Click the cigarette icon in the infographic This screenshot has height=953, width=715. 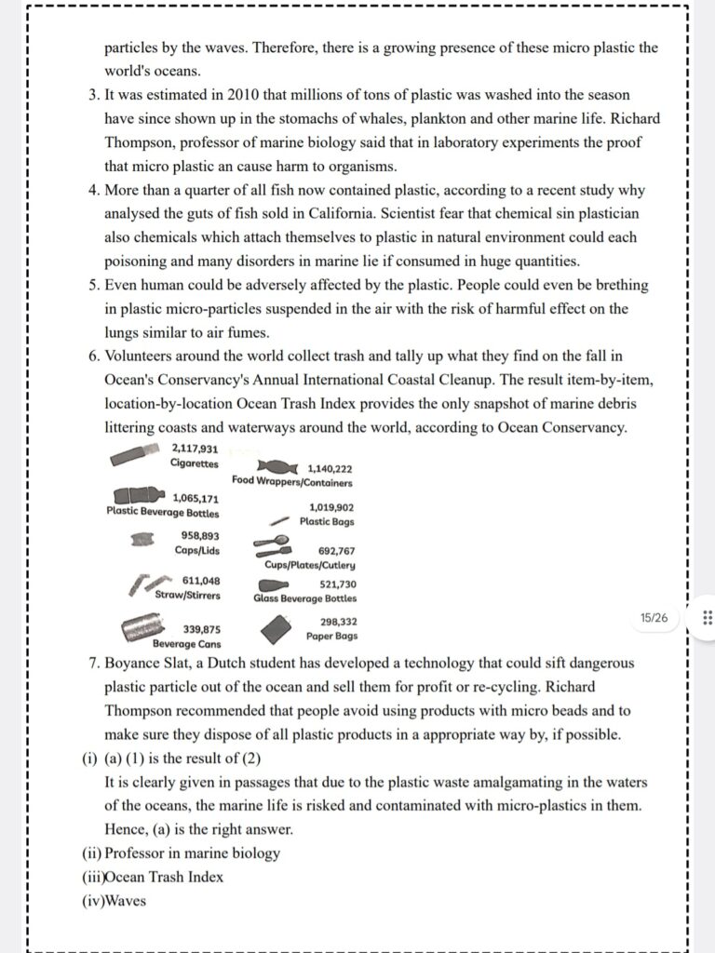[x=139, y=456]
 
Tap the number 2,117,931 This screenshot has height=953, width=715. [x=196, y=449]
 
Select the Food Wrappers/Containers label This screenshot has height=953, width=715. [x=292, y=483]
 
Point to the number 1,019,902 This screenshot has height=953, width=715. [x=331, y=508]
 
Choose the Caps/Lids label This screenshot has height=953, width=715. [x=196, y=550]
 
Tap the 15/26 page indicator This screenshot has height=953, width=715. [x=654, y=618]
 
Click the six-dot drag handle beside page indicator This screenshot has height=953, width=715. [x=706, y=618]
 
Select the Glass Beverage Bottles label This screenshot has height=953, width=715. [x=304, y=599]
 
